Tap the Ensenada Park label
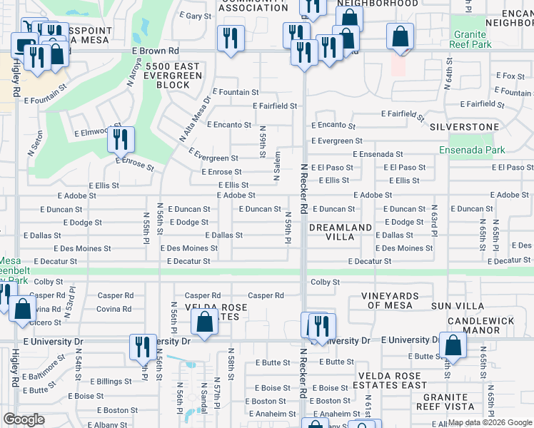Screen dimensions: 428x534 (472, 150)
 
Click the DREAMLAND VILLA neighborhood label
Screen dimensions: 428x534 (341, 232)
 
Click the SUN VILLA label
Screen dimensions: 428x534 (455, 305)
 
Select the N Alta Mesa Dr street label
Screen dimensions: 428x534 (192, 118)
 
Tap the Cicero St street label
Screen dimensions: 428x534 (46, 322)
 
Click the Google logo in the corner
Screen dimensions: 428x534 (24, 419)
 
